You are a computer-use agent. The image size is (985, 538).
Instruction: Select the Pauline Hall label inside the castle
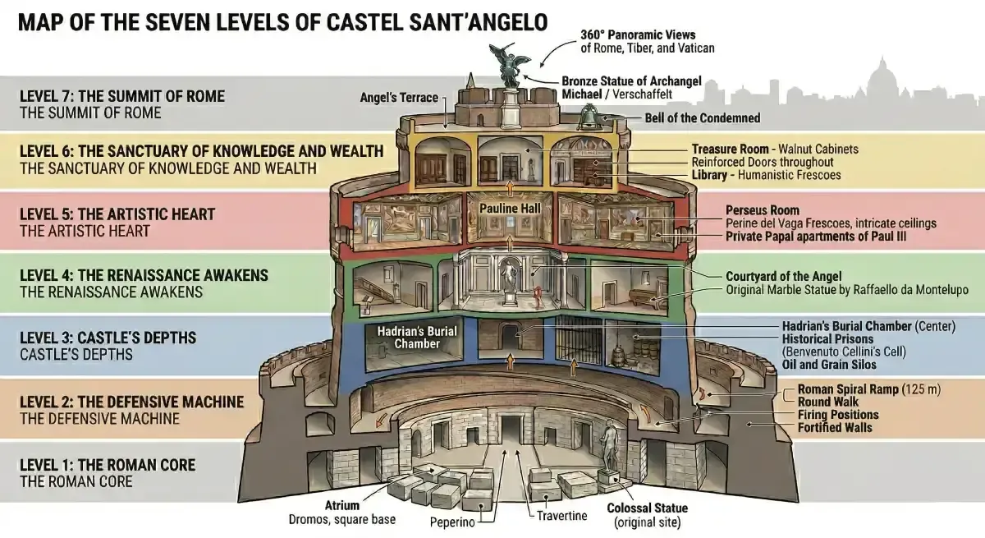(x=510, y=209)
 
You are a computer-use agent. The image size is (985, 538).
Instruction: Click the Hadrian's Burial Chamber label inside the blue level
(x=416, y=338)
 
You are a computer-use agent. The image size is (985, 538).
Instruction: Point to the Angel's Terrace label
(x=399, y=98)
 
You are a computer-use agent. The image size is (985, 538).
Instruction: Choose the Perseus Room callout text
(x=762, y=210)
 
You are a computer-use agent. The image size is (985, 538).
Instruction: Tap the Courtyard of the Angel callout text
(x=784, y=277)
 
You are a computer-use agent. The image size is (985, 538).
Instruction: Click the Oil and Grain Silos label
(x=829, y=365)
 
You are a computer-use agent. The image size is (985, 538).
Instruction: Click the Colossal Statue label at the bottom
(x=647, y=508)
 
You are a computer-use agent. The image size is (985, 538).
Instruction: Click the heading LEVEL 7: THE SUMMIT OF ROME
(x=121, y=96)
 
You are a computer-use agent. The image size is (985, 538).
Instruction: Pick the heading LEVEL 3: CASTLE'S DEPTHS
(x=108, y=338)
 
